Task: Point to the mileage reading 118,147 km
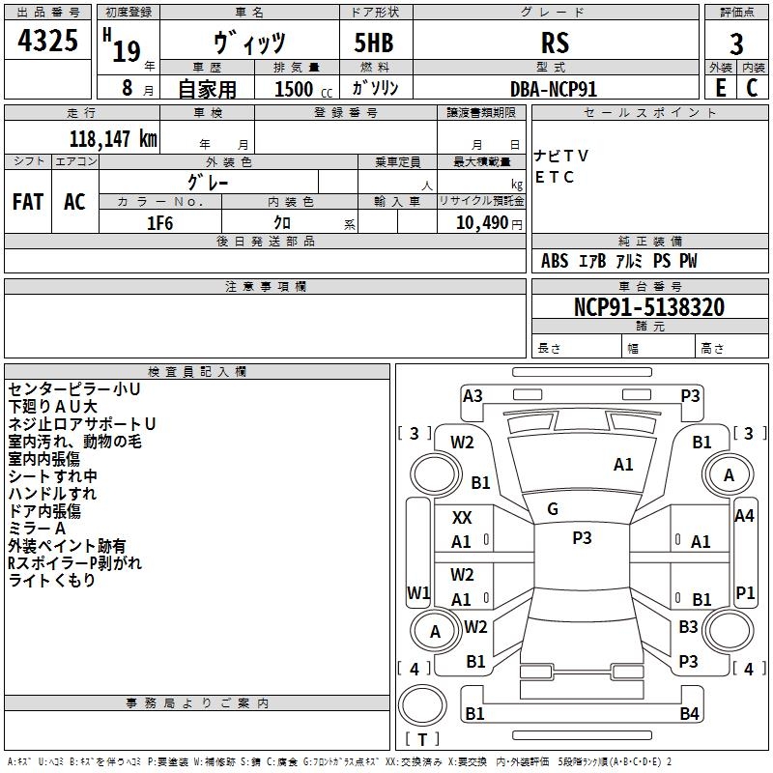[113, 138]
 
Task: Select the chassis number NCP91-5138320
[649, 307]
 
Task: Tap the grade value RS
[556, 43]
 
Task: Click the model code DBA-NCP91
[554, 88]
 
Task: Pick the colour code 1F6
[159, 221]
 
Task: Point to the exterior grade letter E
[720, 88]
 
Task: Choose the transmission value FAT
[28, 201]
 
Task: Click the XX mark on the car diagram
[462, 518]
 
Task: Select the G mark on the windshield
[553, 508]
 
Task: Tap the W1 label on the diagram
[418, 592]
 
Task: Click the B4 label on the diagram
[689, 714]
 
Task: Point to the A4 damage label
[744, 516]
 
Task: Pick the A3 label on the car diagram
[472, 395]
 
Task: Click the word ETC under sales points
[555, 177]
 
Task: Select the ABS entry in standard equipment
[555, 261]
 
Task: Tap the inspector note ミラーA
[37, 529]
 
